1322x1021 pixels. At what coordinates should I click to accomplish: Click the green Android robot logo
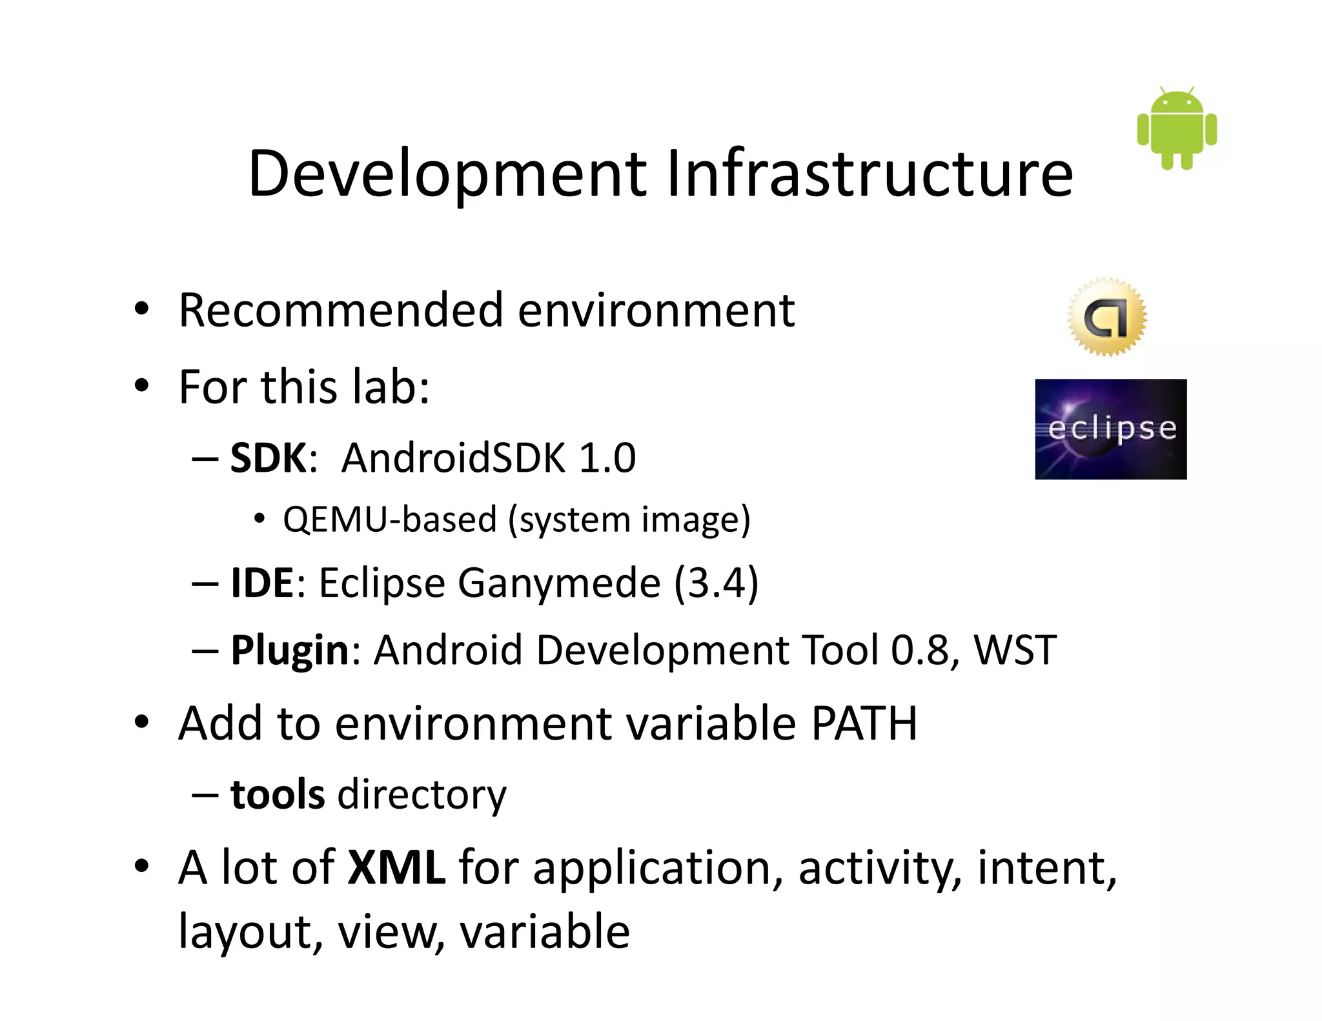coord(1177,128)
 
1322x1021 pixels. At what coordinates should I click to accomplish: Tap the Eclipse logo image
coord(1110,429)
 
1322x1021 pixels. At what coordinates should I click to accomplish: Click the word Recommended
coord(341,310)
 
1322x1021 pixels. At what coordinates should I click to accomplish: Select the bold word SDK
coord(269,458)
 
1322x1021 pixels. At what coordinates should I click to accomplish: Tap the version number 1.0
coord(607,458)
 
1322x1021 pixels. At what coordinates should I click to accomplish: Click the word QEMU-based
coord(389,520)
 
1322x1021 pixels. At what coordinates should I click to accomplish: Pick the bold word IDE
coord(262,583)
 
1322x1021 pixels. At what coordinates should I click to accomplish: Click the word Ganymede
coord(559,584)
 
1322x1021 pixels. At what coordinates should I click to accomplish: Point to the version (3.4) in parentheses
coord(716,583)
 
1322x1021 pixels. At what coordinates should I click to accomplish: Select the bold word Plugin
coord(290,650)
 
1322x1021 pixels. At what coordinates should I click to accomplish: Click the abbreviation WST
coord(1015,650)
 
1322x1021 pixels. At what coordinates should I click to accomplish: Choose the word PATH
coord(864,723)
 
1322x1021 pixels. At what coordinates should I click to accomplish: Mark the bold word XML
coord(396,867)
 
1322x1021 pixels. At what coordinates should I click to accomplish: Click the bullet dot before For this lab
coord(141,387)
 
